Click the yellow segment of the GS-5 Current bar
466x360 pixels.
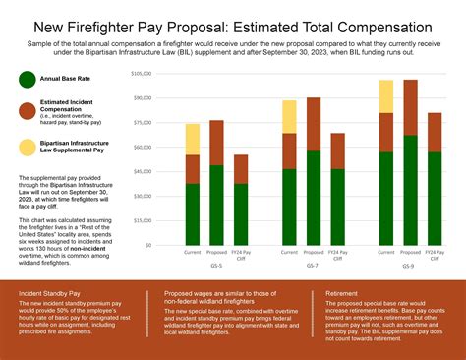(x=193, y=139)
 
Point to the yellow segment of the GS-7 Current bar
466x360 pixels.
(x=289, y=116)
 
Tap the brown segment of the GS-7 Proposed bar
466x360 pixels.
(x=313, y=124)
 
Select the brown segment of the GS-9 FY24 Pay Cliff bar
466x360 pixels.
(x=434, y=132)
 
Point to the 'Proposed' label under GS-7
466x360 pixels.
(x=313, y=253)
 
